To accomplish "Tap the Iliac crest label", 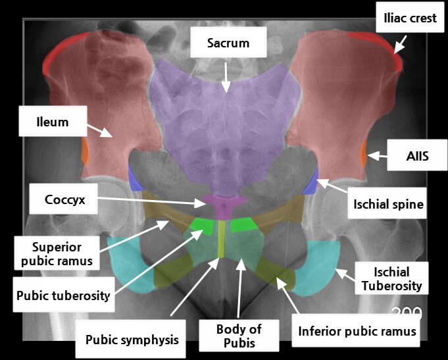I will tap(410, 18).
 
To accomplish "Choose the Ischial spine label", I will tap(386, 205).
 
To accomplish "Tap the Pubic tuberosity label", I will tap(63, 295).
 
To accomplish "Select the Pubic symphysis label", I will tap(132, 340).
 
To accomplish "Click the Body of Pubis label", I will tap(239, 335).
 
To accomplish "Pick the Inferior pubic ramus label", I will tap(357, 330).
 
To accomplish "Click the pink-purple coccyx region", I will tap(224, 204).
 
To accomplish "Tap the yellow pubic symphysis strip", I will tap(222, 238).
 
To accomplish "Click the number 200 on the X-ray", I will tap(407, 313).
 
